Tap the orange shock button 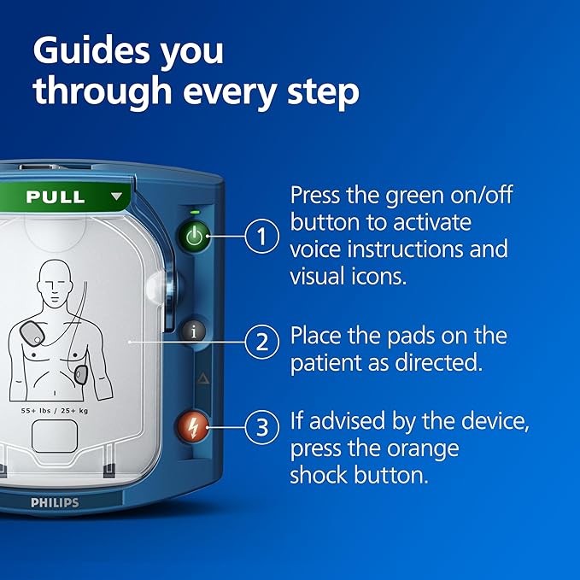click(x=193, y=425)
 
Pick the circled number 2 click(x=262, y=343)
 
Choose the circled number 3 click(x=262, y=426)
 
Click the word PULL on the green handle click(x=56, y=196)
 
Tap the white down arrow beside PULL click(x=117, y=196)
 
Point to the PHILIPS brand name click(x=55, y=502)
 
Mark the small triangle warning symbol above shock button click(x=202, y=377)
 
